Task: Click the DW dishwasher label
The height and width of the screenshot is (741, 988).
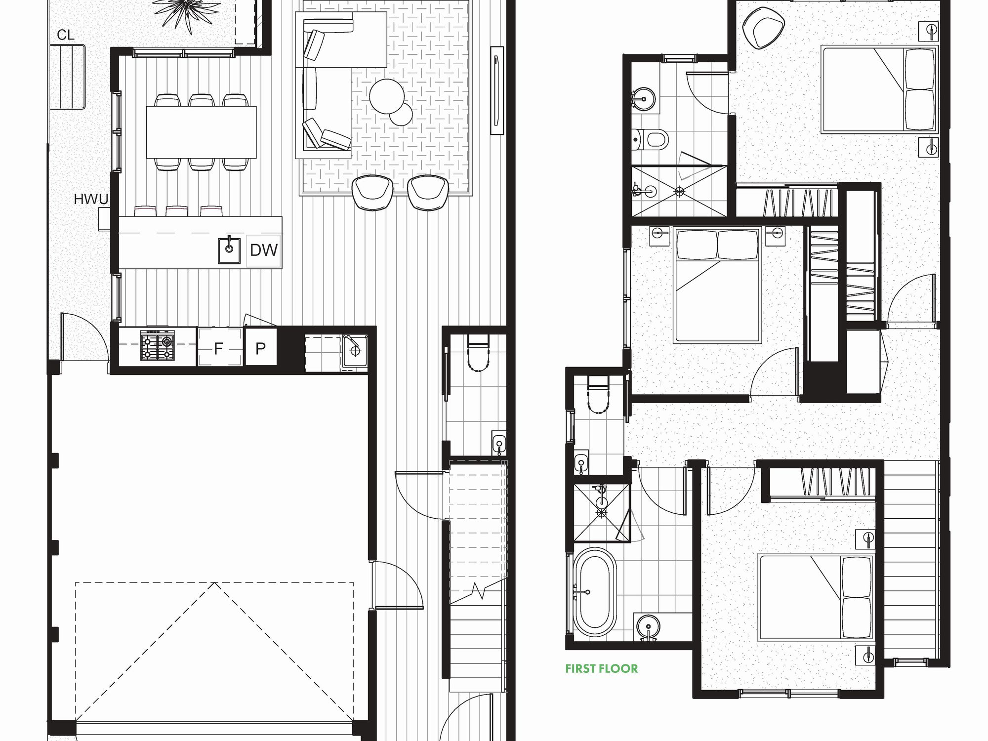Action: (264, 250)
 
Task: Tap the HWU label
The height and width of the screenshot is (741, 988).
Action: (91, 200)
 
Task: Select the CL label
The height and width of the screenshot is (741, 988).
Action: (66, 35)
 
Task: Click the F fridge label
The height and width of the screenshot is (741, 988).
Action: (218, 349)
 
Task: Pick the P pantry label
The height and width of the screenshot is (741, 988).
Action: (261, 349)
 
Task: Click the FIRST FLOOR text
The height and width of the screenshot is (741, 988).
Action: (602, 669)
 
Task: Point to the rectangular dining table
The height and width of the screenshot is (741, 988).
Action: (202, 132)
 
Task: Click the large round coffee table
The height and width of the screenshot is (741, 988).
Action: (387, 96)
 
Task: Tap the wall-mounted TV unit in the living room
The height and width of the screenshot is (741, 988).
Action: (496, 90)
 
